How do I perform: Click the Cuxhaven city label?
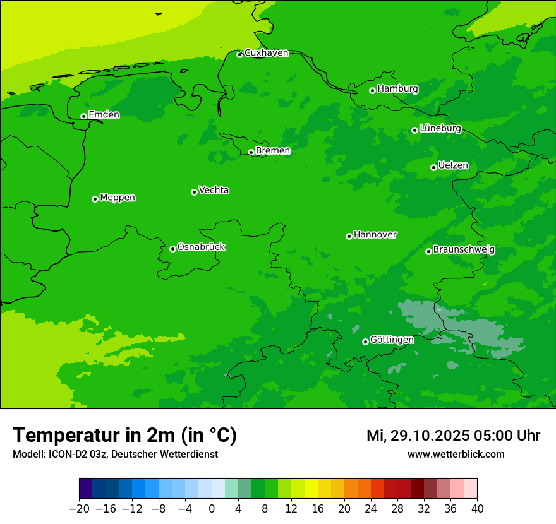pos(266,53)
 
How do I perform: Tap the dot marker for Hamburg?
pos(372,90)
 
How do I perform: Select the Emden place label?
pos(104,114)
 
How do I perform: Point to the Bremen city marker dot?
pos(251,152)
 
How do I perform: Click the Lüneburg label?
pos(440,128)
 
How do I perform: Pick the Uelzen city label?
pos(453,165)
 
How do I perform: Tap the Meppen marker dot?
pos(95,199)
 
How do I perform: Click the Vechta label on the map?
pos(214,190)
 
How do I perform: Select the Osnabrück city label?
pos(201,247)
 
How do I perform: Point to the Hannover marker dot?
pos(349,236)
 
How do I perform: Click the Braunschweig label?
pos(464,249)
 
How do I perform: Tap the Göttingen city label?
pos(392,340)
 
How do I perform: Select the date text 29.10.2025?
pos(429,436)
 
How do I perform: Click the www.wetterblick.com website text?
pos(456,454)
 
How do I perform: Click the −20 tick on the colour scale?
pos(79,509)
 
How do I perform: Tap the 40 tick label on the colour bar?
pos(477,509)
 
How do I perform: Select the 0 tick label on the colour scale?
pos(212,509)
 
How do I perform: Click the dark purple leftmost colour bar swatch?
pos(85,489)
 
